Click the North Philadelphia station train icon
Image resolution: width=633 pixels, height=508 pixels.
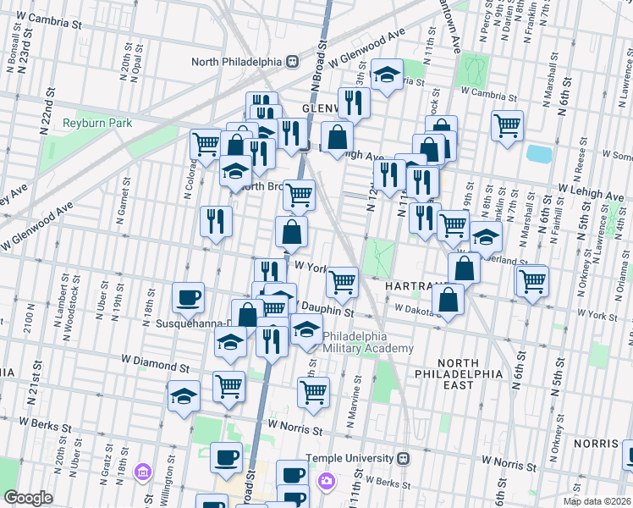pyautogui.click(x=292, y=61)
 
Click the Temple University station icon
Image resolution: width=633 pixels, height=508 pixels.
pyautogui.click(x=403, y=458)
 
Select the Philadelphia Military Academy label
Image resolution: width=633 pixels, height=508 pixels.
pyautogui.click(x=367, y=342)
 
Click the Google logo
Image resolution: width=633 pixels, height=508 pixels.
pyautogui.click(x=28, y=498)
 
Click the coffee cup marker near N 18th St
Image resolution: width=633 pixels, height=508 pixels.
pyautogui.click(x=188, y=297)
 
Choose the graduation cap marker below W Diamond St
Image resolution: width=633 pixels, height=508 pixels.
pyautogui.click(x=184, y=395)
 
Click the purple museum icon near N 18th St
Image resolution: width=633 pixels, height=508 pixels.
pyautogui.click(x=142, y=471)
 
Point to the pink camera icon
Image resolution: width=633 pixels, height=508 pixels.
pyautogui.click(x=326, y=481)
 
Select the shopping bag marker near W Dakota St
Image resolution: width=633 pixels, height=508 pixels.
pyautogui.click(x=447, y=299)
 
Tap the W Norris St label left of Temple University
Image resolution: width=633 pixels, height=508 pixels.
pyautogui.click(x=295, y=431)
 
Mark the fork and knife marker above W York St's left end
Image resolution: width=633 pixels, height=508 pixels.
pyautogui.click(x=216, y=221)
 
